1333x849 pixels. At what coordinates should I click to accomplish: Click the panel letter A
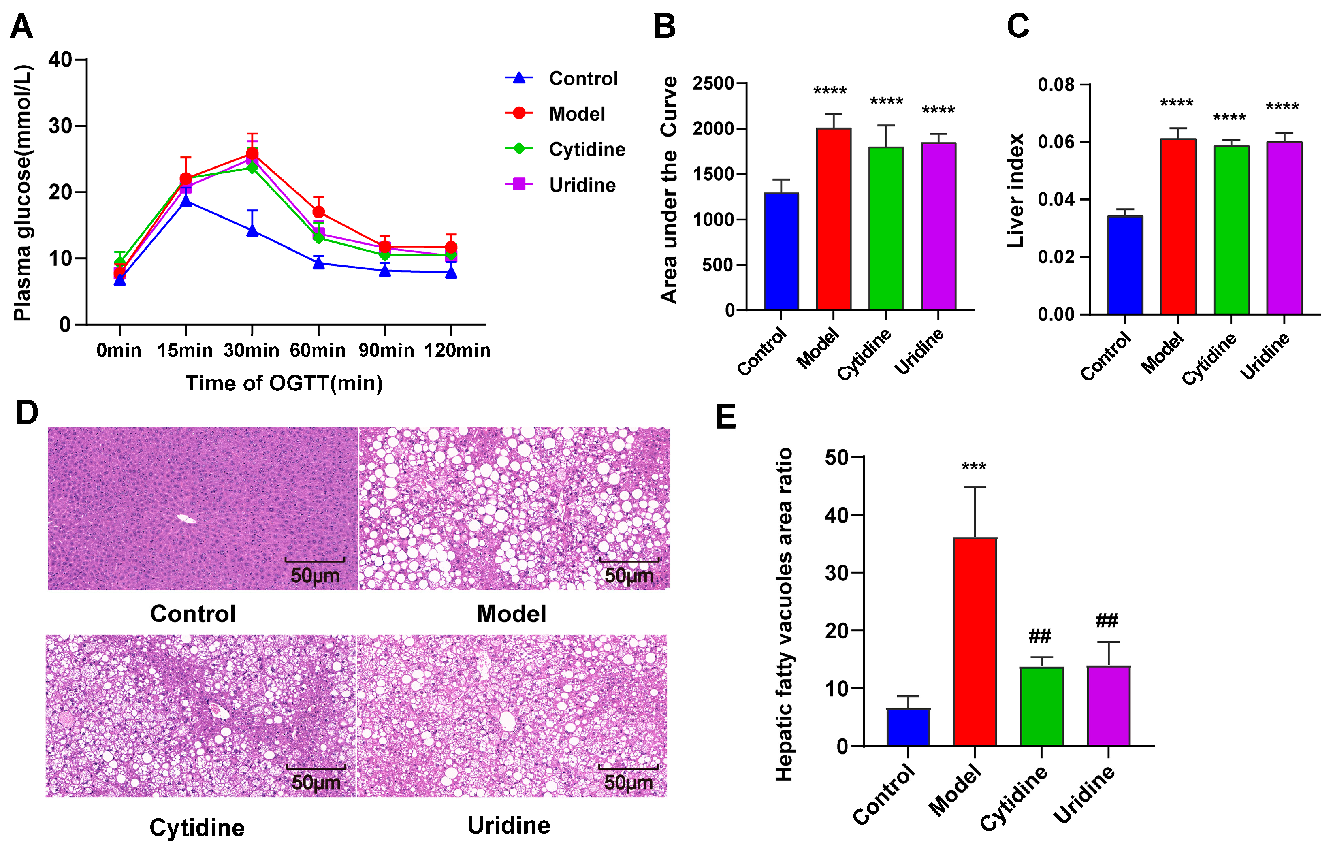(x=21, y=27)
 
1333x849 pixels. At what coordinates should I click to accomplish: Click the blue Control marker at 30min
(x=252, y=230)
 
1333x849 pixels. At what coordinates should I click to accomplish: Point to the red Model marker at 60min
(x=318, y=212)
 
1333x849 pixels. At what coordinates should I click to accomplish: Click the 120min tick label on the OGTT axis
(x=457, y=350)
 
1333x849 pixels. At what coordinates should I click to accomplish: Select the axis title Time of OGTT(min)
(x=284, y=383)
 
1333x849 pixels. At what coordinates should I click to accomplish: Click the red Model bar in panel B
(x=834, y=219)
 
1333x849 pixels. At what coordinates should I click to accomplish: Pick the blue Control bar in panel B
(x=781, y=252)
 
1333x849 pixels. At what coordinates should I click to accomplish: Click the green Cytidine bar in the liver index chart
(x=1231, y=230)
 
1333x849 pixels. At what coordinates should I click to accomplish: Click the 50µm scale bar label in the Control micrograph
(x=315, y=576)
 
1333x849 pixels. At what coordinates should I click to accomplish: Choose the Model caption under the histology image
(x=511, y=614)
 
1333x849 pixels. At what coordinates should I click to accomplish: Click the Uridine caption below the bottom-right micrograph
(x=509, y=825)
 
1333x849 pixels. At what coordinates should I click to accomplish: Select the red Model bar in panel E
(x=975, y=642)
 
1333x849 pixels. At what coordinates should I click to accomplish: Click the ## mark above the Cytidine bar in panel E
(x=1040, y=636)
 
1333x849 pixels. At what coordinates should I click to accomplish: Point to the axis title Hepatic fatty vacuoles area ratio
(x=784, y=614)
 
